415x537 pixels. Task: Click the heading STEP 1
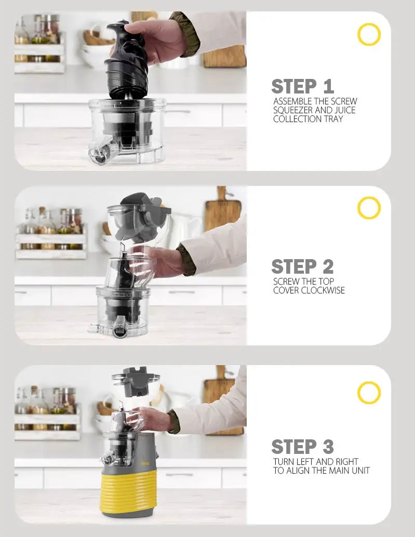[303, 86]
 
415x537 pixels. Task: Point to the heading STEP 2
[303, 266]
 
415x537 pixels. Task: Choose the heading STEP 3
[303, 447]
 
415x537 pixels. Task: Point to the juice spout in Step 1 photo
[100, 151]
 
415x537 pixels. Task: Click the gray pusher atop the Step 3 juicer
[136, 380]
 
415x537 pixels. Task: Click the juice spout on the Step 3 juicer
[106, 458]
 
